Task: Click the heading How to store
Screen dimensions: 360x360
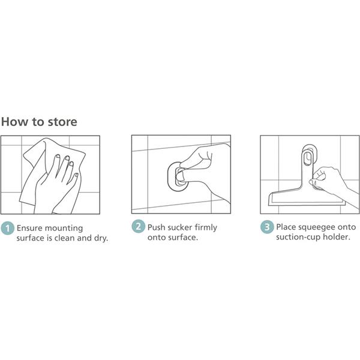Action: pyautogui.click(x=39, y=122)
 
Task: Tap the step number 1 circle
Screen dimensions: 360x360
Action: pyautogui.click(x=8, y=228)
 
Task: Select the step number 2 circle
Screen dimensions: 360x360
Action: pyautogui.click(x=138, y=227)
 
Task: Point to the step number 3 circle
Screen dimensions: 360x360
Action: pyautogui.click(x=267, y=227)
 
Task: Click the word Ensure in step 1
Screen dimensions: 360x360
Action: pyautogui.click(x=29, y=228)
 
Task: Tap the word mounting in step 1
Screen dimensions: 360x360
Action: pyautogui.click(x=64, y=229)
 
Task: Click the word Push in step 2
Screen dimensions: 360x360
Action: pyautogui.click(x=156, y=227)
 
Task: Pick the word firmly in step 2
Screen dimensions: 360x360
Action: pyautogui.click(x=206, y=228)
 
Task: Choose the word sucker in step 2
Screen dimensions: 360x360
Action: pyautogui.click(x=180, y=227)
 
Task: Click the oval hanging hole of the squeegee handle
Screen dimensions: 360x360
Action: pyautogui.click(x=307, y=158)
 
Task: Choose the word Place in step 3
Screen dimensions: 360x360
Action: pyautogui.click(x=284, y=227)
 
